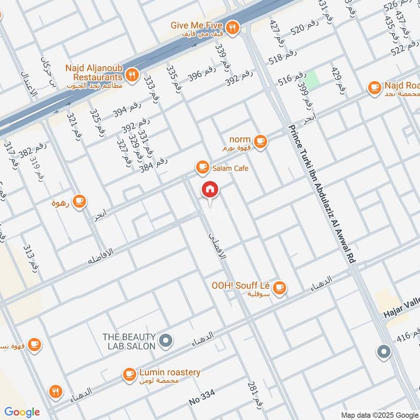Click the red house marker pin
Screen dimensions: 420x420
[x=210, y=190]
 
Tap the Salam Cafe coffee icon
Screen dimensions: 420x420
[x=202, y=167]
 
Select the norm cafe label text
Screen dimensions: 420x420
[x=240, y=140]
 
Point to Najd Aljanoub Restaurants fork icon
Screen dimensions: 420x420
[x=132, y=75]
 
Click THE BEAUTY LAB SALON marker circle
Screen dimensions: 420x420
[x=166, y=341]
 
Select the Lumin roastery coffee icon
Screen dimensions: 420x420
[x=129, y=374]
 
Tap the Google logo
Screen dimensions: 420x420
[x=22, y=412]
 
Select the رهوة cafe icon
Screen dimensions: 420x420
[x=79, y=201]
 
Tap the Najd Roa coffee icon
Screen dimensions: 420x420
[x=374, y=88]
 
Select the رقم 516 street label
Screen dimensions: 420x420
[x=292, y=79]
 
